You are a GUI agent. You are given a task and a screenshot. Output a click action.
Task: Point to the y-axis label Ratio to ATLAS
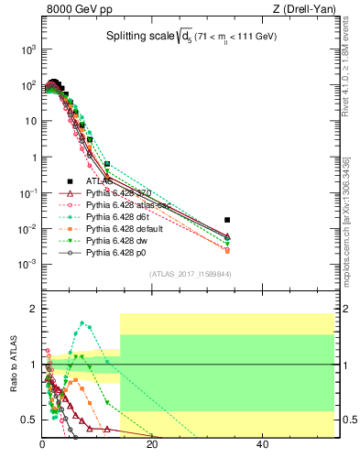click(x=12, y=371)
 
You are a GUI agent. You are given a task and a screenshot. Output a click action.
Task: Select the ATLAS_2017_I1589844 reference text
click(x=190, y=274)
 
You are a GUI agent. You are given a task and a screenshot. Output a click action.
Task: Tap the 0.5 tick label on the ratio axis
click(x=29, y=420)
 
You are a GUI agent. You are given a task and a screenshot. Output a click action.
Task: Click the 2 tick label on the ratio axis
click(x=34, y=309)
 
